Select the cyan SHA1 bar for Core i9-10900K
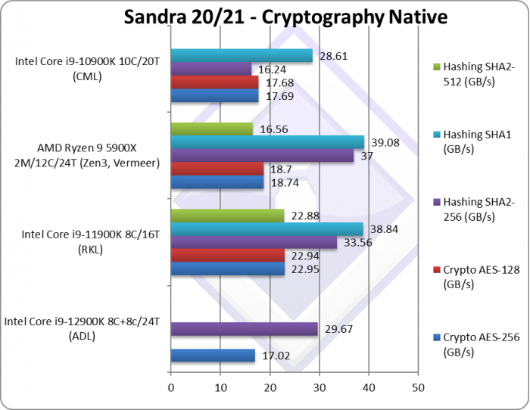click(242, 55)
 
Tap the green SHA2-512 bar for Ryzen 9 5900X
click(212, 129)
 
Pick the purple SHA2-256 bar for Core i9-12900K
click(244, 328)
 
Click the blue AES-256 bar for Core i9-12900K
click(213, 356)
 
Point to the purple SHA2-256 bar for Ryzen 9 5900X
click(262, 156)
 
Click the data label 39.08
click(383, 142)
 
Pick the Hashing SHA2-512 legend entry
click(479, 74)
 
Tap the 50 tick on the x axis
click(417, 388)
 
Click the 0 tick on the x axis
click(171, 388)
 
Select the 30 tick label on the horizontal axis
click(319, 388)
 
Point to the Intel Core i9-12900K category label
click(83, 328)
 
